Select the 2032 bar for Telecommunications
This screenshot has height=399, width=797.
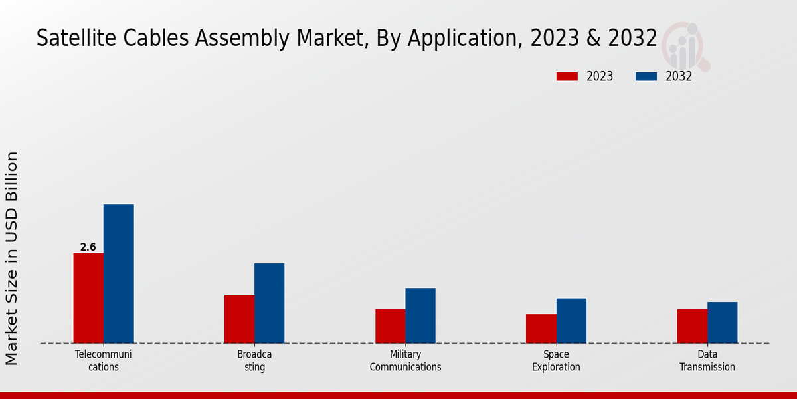pyautogui.click(x=119, y=273)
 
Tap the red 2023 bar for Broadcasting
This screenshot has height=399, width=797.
pyautogui.click(x=239, y=319)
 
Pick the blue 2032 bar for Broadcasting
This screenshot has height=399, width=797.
pyautogui.click(x=270, y=303)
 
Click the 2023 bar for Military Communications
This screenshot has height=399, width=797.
pyautogui.click(x=391, y=326)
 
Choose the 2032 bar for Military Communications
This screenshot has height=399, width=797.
pyautogui.click(x=420, y=315)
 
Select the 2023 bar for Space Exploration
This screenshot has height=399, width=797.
pyautogui.click(x=541, y=329)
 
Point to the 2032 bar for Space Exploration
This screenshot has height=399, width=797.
pyautogui.click(x=571, y=321)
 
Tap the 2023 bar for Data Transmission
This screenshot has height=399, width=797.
pyautogui.click(x=692, y=326)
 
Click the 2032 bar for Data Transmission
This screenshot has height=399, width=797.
pyautogui.click(x=723, y=323)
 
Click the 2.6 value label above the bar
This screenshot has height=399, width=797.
pyautogui.click(x=88, y=247)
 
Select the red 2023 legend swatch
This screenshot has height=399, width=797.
pyautogui.click(x=567, y=76)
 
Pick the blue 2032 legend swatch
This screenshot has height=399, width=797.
pyautogui.click(x=646, y=76)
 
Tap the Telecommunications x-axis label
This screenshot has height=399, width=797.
pyautogui.click(x=104, y=361)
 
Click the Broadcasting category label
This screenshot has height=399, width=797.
pyautogui.click(x=254, y=361)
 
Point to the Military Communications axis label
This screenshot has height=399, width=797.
pyautogui.click(x=405, y=361)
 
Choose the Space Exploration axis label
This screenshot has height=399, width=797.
pyautogui.click(x=557, y=361)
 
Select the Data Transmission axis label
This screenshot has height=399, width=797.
pyautogui.click(x=707, y=361)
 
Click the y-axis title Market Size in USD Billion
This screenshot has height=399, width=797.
pyautogui.click(x=12, y=258)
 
